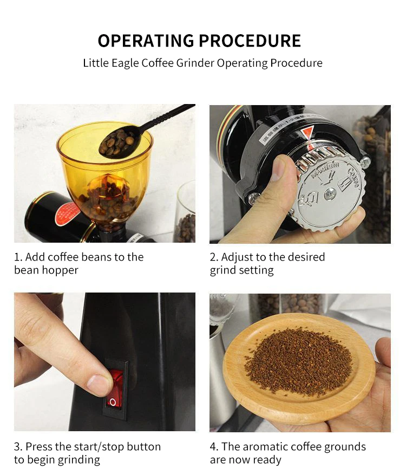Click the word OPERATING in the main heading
click(146, 41)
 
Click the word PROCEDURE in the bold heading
click(250, 41)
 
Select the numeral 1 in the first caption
click(17, 257)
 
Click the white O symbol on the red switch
click(113, 402)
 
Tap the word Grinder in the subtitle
click(195, 63)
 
